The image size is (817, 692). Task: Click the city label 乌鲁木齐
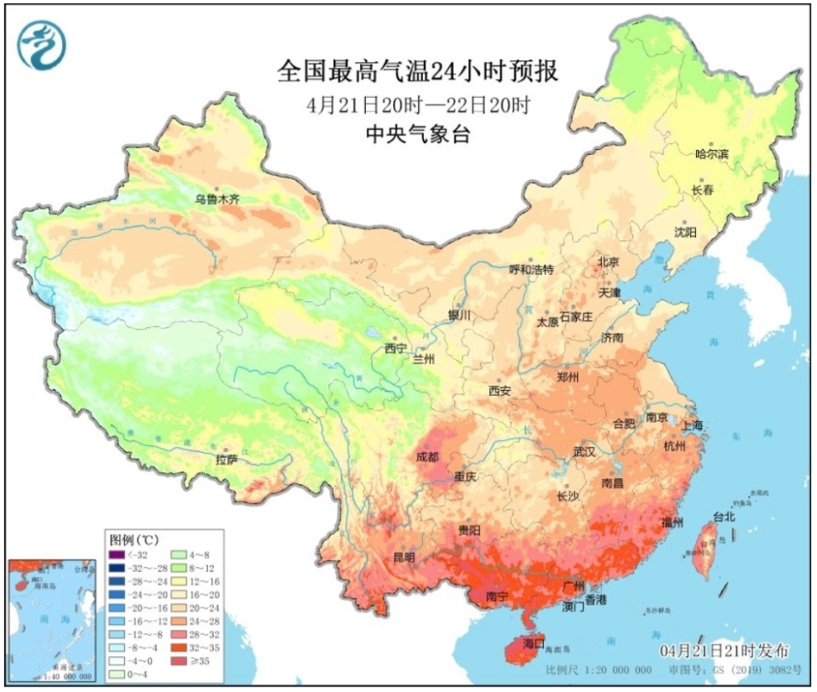[217, 199]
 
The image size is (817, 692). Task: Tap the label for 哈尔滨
[712, 154]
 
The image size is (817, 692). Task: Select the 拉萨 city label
[226, 460]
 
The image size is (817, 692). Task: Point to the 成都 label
[428, 456]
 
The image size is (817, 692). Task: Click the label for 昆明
[403, 558]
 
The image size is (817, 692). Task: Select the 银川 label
[460, 315]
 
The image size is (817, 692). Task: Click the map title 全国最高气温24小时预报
[417, 71]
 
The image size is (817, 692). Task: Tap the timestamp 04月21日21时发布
[724, 651]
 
